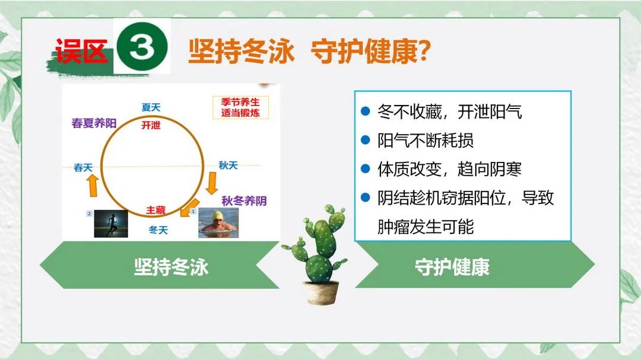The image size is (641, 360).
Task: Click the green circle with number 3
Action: [142, 46]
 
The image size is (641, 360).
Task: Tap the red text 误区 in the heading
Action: [82, 51]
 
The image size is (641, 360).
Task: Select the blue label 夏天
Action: [151, 107]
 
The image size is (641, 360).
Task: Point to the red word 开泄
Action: [151, 125]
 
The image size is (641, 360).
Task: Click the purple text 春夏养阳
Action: [94, 123]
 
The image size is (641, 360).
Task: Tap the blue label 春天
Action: [83, 167]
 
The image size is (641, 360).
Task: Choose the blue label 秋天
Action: [228, 165]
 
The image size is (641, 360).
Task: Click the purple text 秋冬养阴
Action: [244, 200]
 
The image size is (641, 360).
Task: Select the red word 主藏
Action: [156, 210]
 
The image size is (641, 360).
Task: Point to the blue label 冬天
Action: [158, 230]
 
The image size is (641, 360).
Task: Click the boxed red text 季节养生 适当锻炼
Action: [240, 107]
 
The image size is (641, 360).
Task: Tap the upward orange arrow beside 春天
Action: [93, 186]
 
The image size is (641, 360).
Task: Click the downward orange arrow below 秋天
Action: [212, 183]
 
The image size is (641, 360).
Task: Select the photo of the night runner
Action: [111, 224]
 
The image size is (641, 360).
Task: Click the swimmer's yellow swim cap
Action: [217, 215]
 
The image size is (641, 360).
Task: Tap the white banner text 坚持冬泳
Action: [172, 267]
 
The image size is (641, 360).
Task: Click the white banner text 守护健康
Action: [452, 267]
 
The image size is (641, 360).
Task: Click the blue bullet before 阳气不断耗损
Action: [366, 140]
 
